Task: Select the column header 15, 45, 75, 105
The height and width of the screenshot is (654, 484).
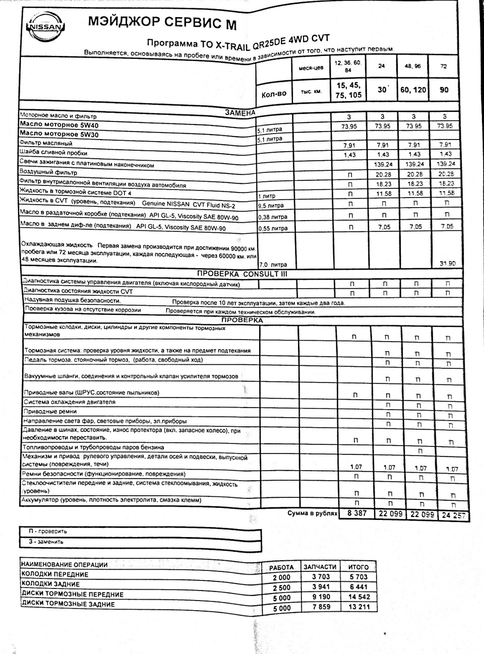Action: (x=348, y=90)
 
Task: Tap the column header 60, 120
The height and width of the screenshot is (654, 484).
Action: (x=413, y=90)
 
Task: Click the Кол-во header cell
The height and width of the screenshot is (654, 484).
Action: (x=274, y=93)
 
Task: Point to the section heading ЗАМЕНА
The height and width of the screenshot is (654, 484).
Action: (x=239, y=112)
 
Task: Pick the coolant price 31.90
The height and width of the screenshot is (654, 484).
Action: (x=444, y=264)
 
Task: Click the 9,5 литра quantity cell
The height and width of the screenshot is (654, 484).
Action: (x=271, y=206)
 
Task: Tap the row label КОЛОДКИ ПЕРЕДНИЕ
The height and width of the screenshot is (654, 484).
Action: (x=55, y=574)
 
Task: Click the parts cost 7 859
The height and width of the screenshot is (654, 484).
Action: (x=320, y=607)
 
